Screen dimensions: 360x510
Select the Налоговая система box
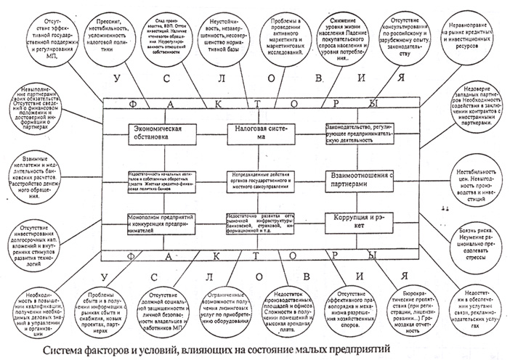click(264, 132)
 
